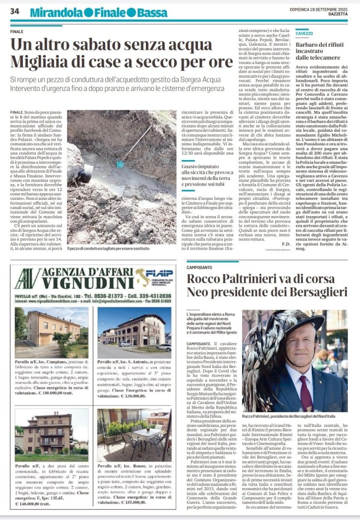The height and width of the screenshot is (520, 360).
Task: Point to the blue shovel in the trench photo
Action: pos(120,164)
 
